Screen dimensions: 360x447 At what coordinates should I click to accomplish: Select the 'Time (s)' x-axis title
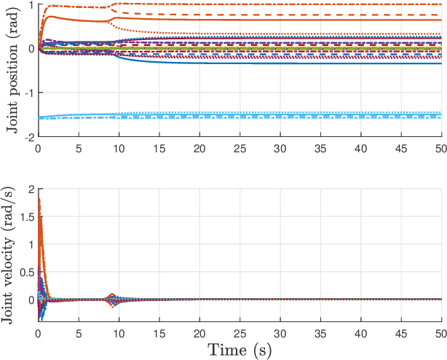click(240, 349)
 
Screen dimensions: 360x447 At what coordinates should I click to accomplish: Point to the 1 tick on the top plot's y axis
click(29, 5)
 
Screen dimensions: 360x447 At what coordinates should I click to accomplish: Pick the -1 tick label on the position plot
click(27, 93)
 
